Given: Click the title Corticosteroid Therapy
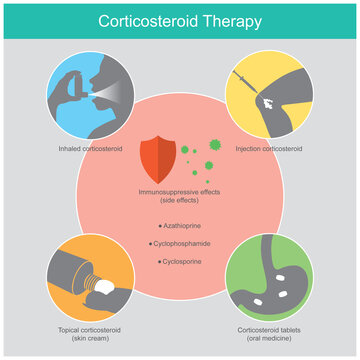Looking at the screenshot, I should pos(180,20).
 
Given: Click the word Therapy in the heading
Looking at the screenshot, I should pos(231,20).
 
